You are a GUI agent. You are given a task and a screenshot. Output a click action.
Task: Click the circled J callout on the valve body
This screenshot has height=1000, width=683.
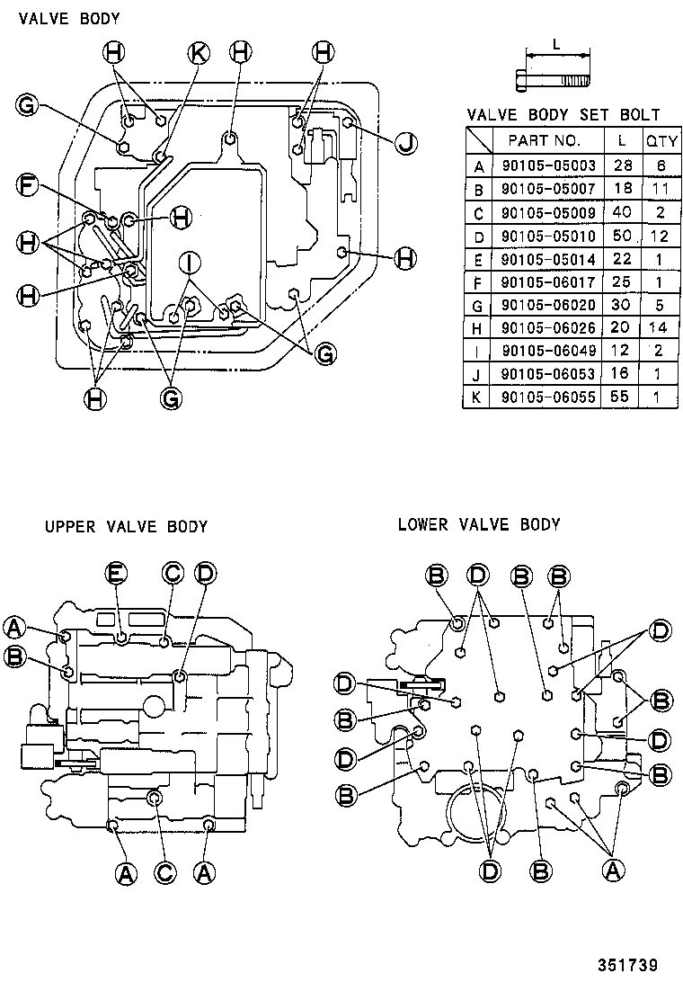click(x=405, y=142)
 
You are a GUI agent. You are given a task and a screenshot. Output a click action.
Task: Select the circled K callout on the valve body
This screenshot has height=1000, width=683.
click(x=199, y=53)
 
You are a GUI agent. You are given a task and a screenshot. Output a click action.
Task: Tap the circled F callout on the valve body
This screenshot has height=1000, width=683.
click(x=30, y=186)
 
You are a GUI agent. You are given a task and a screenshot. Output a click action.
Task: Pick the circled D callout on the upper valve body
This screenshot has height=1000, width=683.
click(x=204, y=572)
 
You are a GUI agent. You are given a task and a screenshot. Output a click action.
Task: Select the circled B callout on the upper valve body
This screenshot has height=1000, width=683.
click(x=14, y=656)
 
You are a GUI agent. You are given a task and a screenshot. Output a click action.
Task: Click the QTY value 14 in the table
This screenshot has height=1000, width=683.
click(x=661, y=327)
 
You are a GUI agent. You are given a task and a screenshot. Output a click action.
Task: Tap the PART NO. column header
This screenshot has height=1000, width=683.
click(x=545, y=141)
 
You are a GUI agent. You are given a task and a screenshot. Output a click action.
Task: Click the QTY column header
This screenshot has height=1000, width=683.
click(x=661, y=141)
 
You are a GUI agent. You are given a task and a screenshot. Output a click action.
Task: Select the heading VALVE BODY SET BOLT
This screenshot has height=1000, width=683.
click(x=563, y=115)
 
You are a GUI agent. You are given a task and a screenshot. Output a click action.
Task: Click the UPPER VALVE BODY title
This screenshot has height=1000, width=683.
click(x=126, y=527)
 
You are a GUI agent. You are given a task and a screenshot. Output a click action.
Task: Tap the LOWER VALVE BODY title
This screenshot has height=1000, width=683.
click(x=479, y=524)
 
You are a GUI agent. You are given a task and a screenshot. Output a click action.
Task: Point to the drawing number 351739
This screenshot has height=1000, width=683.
click(x=628, y=966)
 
